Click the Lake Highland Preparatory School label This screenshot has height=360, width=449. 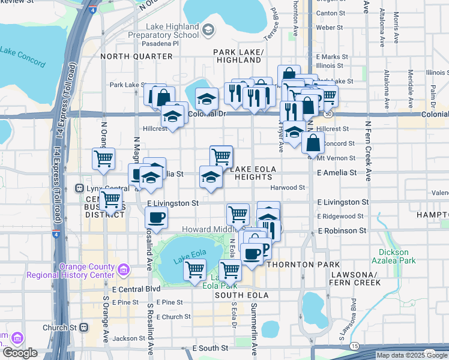point(173,31)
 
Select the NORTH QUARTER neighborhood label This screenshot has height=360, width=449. point(136,56)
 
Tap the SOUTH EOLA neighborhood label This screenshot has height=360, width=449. point(240,295)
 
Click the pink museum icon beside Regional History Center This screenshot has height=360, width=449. point(124,268)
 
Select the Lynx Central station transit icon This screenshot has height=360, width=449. point(79,188)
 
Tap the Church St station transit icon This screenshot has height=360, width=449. point(83,328)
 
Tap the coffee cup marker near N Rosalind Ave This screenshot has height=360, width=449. point(156,218)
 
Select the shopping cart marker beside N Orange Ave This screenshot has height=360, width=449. point(103,159)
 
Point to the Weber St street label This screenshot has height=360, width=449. point(329,28)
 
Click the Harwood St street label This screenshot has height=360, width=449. point(288,188)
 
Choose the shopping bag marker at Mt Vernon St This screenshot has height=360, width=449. point(313,143)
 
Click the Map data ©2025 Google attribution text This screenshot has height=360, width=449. point(412,355)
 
